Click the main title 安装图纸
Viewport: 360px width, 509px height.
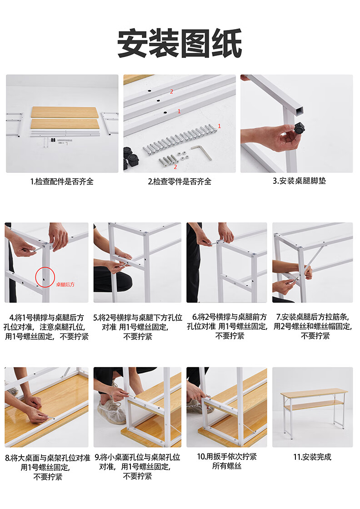click(x=180, y=44)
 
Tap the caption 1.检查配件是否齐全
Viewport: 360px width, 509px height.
click(x=62, y=181)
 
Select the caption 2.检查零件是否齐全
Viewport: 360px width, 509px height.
click(x=180, y=181)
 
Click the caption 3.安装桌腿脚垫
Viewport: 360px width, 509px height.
click(x=299, y=181)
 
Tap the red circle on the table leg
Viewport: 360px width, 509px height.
click(x=45, y=277)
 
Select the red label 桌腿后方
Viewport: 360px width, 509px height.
click(x=65, y=285)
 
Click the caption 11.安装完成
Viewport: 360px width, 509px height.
click(x=312, y=457)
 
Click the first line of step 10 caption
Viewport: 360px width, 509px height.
click(x=227, y=456)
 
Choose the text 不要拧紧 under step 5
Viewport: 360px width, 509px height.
click(x=138, y=337)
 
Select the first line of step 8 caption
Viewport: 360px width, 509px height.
click(x=47, y=458)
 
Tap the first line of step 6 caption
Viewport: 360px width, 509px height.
click(x=229, y=317)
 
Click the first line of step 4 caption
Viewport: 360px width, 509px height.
click(x=46, y=317)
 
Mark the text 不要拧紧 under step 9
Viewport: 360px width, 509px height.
click(x=138, y=476)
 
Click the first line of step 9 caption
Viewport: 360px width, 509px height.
click(x=137, y=458)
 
